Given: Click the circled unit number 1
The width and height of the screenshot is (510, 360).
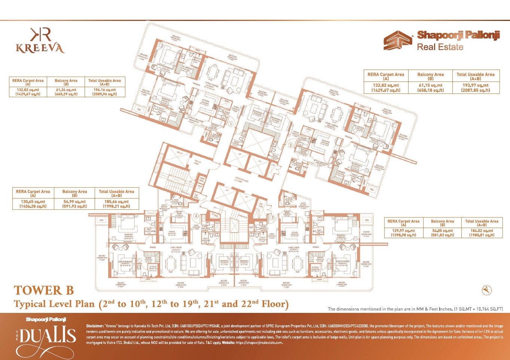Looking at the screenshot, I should coord(231,124).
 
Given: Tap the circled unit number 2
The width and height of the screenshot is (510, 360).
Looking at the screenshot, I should coord(290,145).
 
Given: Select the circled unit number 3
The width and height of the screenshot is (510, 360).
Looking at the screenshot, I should coord(272,218).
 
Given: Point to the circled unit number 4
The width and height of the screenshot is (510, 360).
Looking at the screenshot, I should coord(196,216).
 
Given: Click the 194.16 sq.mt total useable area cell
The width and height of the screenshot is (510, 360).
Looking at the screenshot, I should coord(105,92).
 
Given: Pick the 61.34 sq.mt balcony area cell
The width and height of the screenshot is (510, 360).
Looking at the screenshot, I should coord(66,92).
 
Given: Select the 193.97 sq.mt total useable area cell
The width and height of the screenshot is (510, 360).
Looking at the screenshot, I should coord(476,88).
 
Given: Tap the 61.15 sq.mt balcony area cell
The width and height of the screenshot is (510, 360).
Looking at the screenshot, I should coord(430,88).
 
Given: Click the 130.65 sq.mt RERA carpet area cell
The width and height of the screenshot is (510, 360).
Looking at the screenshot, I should coord(33,204).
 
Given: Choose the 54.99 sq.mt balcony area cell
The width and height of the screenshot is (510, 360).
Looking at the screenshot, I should coord(74,204).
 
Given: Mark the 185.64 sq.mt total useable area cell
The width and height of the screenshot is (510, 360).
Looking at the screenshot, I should coord(116,204).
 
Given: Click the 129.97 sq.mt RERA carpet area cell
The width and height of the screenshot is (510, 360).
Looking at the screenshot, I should coord(403,233).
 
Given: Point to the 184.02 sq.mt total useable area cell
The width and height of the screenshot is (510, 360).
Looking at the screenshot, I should coord(482,233).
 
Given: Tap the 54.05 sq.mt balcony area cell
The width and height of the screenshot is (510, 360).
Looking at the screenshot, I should coord(442,233).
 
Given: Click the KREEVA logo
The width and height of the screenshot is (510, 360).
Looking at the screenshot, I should coord(40,41).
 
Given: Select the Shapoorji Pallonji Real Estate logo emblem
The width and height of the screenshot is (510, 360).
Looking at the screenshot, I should coord(398,40).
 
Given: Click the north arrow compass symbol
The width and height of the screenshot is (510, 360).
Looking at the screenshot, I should coord(486,290).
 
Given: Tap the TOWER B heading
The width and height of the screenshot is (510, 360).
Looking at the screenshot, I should coord(44,290).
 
